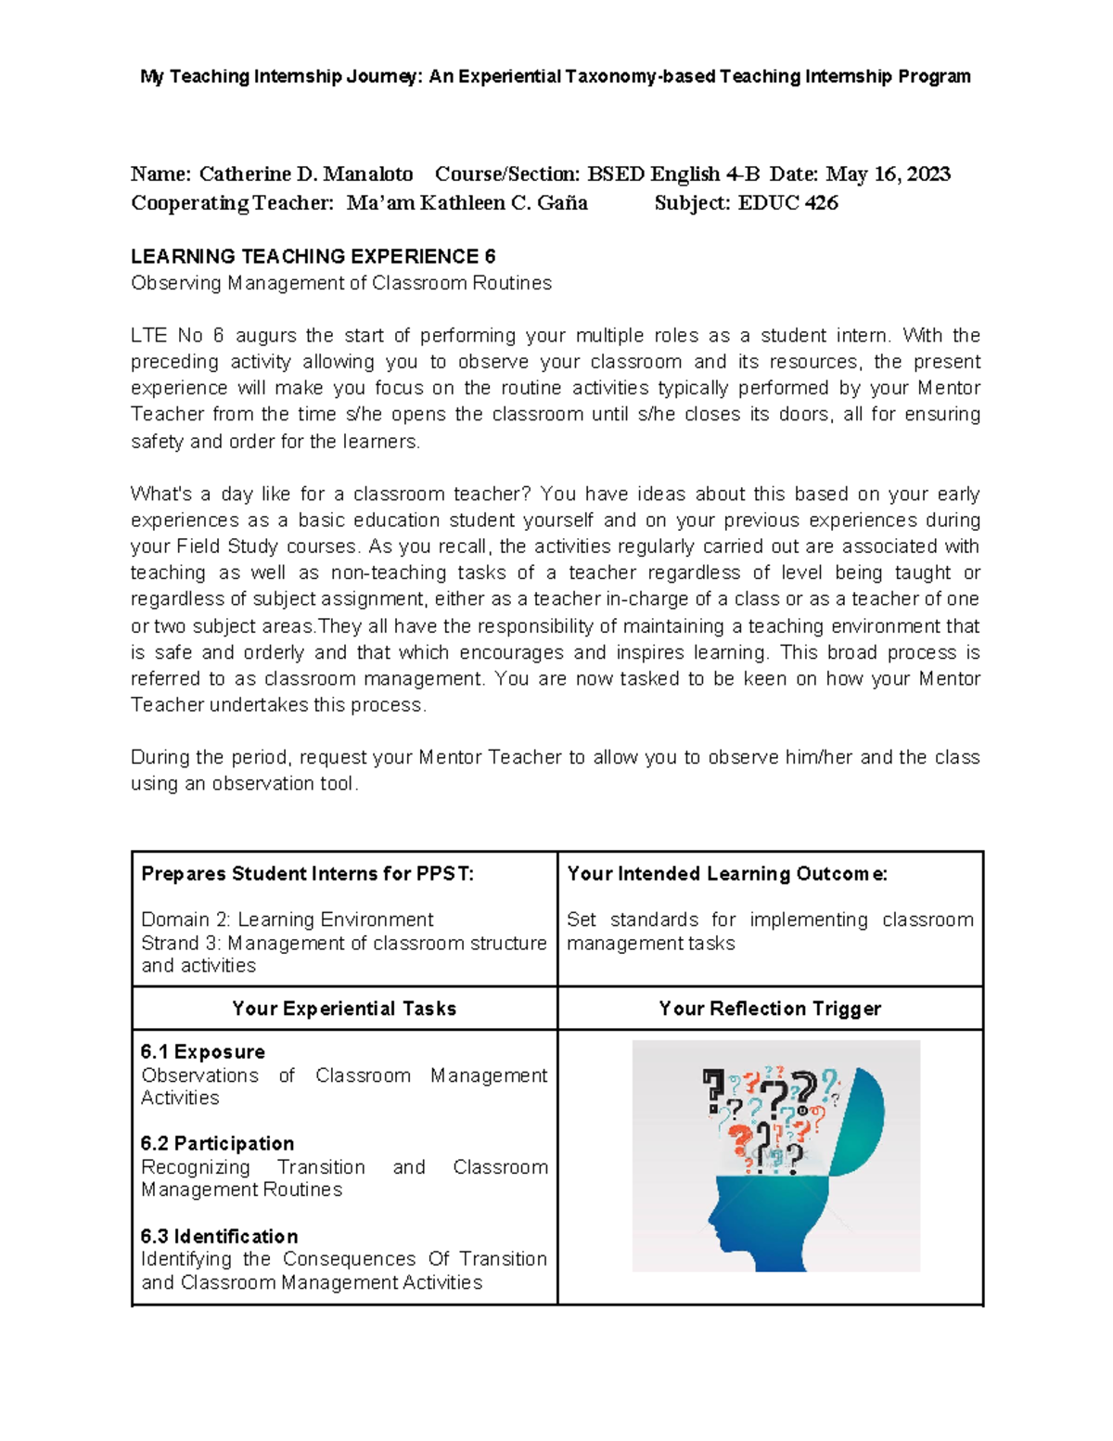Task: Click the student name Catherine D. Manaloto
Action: coord(306,174)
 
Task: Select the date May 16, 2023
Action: coord(888,174)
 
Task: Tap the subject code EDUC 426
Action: coord(787,203)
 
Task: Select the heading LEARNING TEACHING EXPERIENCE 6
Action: coord(313,257)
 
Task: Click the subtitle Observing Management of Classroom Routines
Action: coord(340,283)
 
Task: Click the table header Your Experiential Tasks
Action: coord(344,1009)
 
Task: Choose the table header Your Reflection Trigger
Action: coord(770,1009)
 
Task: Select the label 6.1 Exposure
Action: coord(202,1052)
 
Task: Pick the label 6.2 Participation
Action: coord(217,1144)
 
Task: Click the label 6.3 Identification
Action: coord(219,1237)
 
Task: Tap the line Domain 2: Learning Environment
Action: coord(287,920)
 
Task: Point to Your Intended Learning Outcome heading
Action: coord(727,874)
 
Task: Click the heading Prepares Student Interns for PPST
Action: coord(307,874)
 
